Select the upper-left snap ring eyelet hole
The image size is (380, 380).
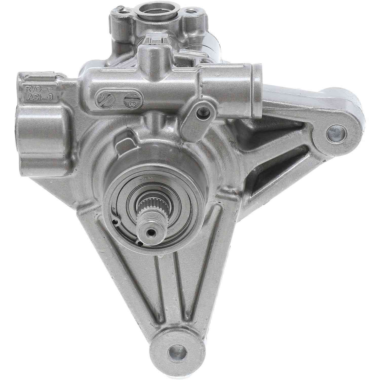tap(116, 222)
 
